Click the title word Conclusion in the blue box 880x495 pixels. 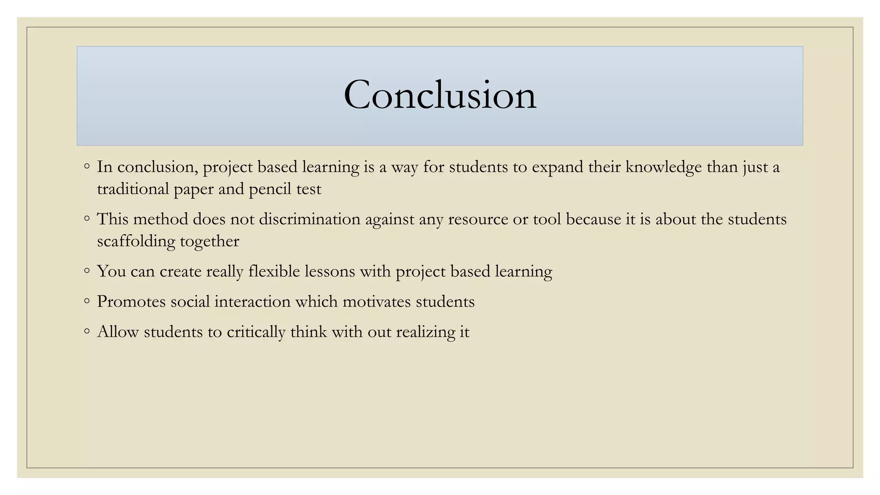[x=440, y=95]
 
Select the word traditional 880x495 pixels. [x=133, y=189]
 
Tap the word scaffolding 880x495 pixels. [x=136, y=241]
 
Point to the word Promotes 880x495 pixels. [x=131, y=302]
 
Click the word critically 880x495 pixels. [x=256, y=332]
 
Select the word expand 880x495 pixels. [x=557, y=168]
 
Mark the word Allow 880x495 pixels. [x=118, y=332]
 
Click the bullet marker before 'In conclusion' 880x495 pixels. [x=87, y=166]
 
